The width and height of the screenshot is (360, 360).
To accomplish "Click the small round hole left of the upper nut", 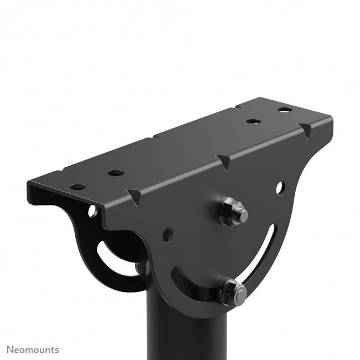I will click(x=168, y=234).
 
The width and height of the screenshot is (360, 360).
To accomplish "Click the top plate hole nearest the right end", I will click(x=285, y=110).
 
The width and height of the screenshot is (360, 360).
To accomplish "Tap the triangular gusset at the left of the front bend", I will click(x=133, y=194).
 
